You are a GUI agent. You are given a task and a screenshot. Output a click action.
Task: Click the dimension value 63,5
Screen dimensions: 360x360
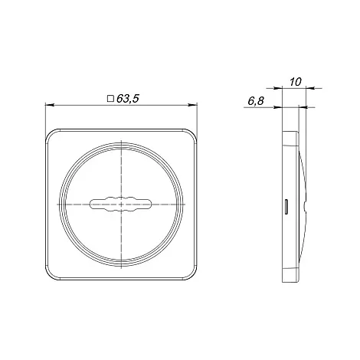tap(128, 99)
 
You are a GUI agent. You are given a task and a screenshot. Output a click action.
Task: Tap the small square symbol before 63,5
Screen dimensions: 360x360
tap(110, 99)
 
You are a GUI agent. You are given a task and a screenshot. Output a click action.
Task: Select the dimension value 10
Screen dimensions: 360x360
tap(296, 82)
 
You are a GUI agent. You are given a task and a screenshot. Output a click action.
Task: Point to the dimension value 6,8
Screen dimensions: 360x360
tap(256, 101)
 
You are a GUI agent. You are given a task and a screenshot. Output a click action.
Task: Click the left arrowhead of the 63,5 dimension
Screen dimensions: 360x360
tap(49, 105)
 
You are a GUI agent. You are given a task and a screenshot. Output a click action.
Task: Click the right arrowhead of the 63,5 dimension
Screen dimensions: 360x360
tap(193, 105)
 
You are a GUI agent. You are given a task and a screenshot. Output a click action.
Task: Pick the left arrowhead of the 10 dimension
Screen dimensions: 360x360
tap(278, 88)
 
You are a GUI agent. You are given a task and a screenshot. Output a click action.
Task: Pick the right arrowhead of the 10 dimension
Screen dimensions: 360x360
tap(310, 88)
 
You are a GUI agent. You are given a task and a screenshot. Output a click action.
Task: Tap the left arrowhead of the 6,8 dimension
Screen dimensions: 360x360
tap(278, 107)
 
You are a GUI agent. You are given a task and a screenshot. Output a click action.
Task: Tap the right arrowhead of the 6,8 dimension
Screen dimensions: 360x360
tap(303, 107)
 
